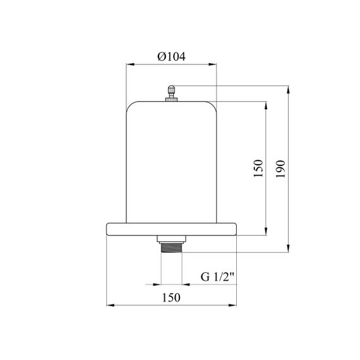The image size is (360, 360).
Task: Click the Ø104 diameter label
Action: tap(171, 56)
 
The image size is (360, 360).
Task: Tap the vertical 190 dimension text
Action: tap(280, 169)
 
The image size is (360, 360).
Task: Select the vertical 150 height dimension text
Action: tap(258, 168)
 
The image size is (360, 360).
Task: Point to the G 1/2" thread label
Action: tap(217, 277)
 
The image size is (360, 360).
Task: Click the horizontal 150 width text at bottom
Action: tap(171, 297)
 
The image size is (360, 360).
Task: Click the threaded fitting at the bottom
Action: tap(172, 248)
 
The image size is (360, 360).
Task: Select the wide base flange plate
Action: tap(171, 229)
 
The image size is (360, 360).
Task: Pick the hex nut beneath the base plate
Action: tap(172, 239)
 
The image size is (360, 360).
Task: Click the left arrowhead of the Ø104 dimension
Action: tap(130, 64)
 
